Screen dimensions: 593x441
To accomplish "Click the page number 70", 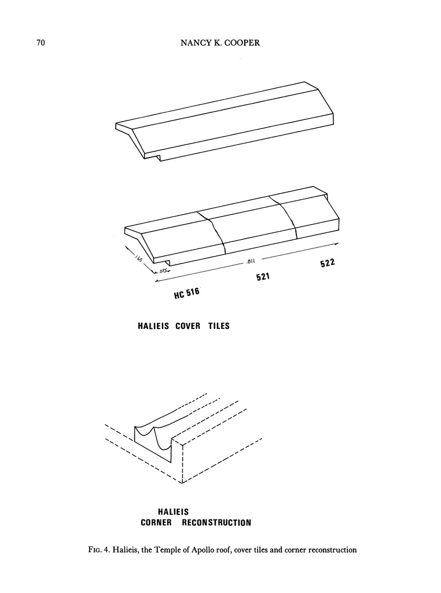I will pos(41,43).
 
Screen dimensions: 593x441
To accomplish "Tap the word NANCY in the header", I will pos(189,43).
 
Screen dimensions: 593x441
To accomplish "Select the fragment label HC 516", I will pos(186,295).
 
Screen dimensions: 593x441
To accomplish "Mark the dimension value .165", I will pos(139,255).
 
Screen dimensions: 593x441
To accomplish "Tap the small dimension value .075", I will pos(164,270).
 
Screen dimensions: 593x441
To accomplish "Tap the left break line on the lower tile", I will pos(214,232).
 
